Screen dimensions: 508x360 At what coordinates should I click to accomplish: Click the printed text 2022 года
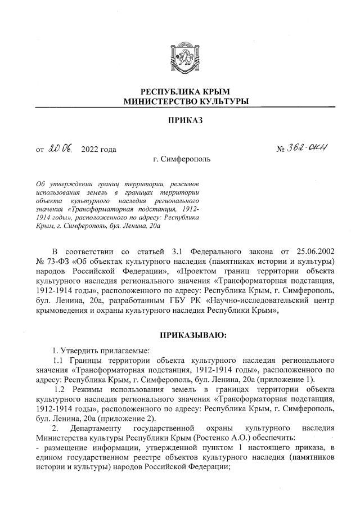98,150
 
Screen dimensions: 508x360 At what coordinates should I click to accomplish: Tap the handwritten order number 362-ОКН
310,149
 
